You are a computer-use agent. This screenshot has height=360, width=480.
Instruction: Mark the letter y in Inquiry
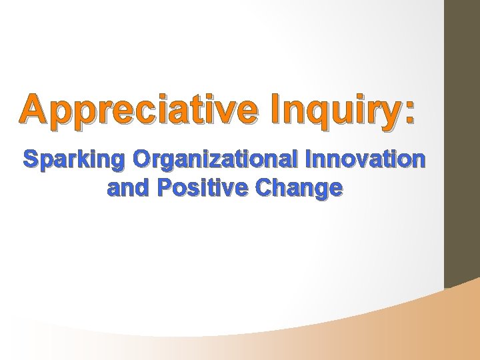click(x=390, y=113)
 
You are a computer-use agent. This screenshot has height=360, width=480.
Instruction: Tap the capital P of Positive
click(x=163, y=189)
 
